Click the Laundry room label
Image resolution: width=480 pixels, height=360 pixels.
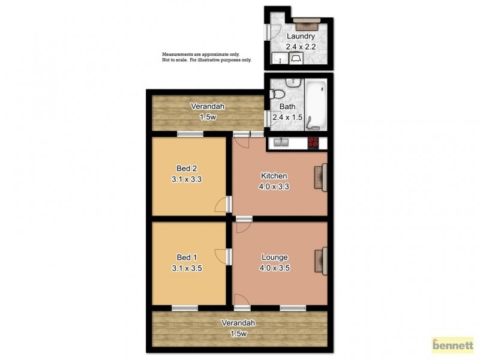coord(300,36)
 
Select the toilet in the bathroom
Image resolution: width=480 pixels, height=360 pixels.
coord(278,95)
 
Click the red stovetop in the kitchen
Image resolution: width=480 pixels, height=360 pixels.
coord(313,143)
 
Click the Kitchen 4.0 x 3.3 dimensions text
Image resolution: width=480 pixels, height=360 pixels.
coord(274,186)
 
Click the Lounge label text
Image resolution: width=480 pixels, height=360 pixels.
coord(275,258)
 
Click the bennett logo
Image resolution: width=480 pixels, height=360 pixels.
coord(453,346)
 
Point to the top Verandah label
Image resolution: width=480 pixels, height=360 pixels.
coord(208,107)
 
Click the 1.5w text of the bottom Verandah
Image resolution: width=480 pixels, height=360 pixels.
coord(238,334)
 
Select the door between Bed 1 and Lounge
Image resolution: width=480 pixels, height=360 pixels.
coord(224,256)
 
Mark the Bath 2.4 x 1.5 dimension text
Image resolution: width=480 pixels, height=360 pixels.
coord(287,117)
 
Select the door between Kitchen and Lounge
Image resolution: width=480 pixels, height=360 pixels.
coord(244,224)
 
